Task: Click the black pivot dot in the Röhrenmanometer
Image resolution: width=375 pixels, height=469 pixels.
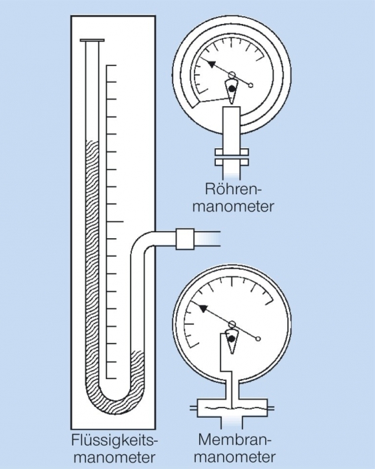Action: coord(231,88)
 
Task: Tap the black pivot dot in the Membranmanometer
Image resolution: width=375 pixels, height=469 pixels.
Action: coord(231,339)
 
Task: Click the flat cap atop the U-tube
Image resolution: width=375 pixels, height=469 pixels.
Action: coord(92,41)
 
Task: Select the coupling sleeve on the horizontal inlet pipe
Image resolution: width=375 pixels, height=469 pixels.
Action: coord(185,238)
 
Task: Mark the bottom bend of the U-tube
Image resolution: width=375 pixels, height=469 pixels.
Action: coord(116,401)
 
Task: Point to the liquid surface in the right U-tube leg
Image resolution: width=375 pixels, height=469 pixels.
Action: coord(138,351)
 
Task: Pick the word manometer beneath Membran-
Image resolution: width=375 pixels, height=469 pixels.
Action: coord(237,458)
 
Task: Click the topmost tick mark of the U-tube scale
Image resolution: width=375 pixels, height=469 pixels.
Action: coord(111,67)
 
